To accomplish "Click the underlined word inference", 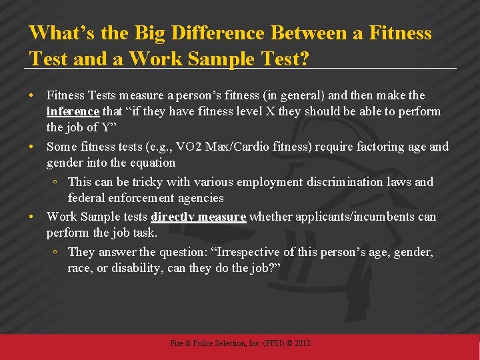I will [x=73, y=111].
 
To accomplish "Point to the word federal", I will [x=85, y=198].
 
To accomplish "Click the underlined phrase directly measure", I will [x=199, y=217].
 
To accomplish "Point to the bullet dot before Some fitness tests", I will [x=33, y=147].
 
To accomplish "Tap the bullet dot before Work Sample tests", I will [x=33, y=217].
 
